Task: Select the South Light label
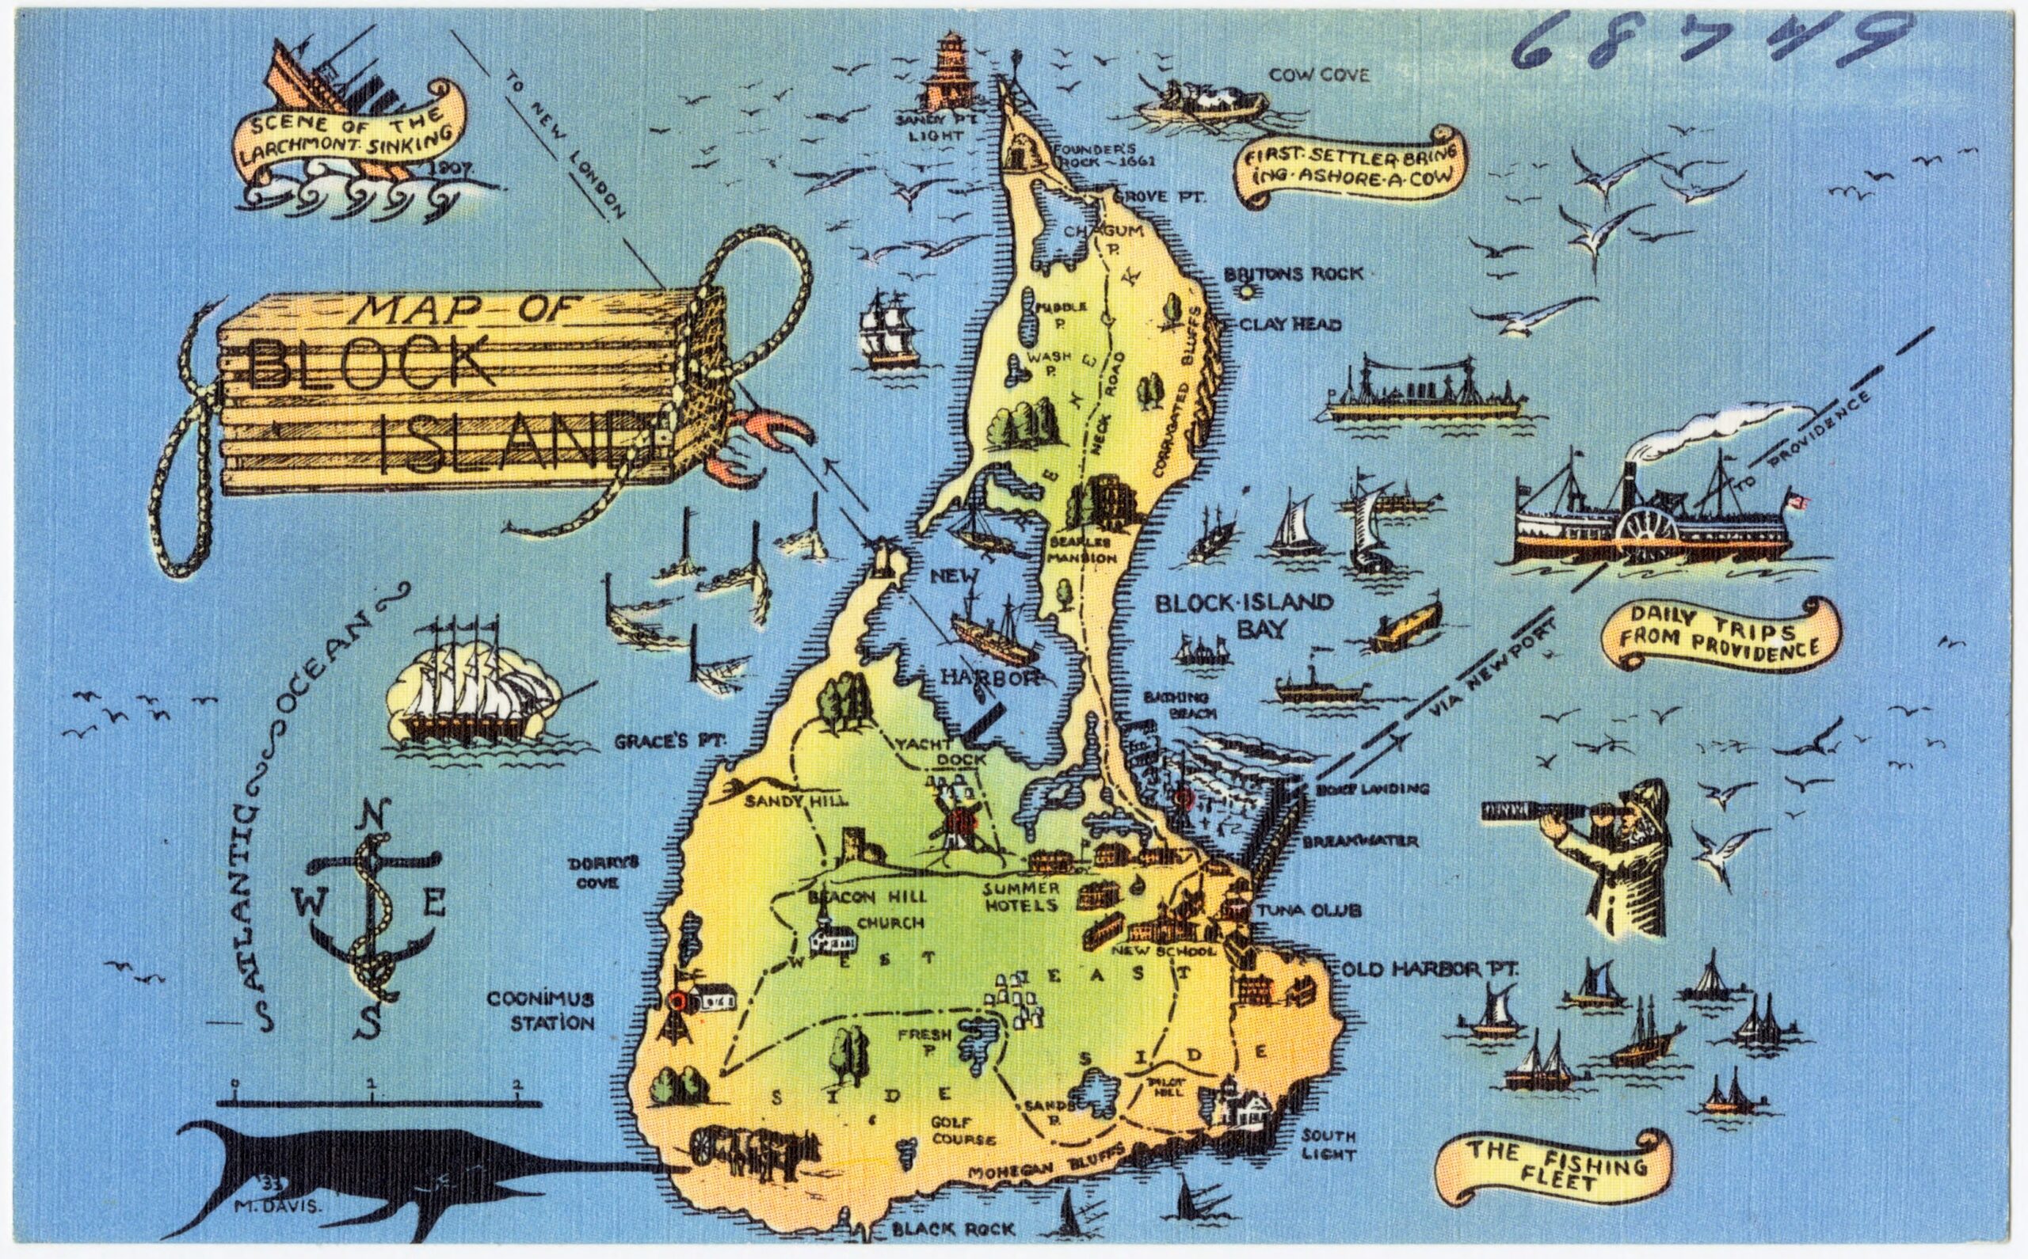pyautogui.click(x=1329, y=1145)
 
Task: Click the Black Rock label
pyautogui.click(x=953, y=1229)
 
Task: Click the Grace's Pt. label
pyautogui.click(x=671, y=741)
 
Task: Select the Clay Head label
pyautogui.click(x=1290, y=325)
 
